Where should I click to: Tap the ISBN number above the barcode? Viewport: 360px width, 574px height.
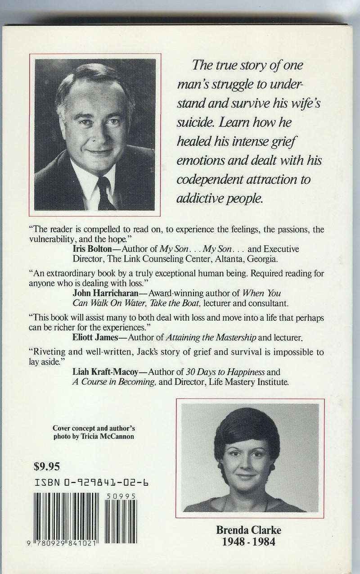tap(92, 484)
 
